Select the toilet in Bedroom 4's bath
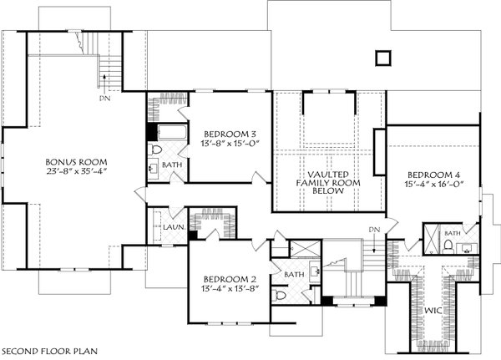pyautogui.click(x=448, y=246)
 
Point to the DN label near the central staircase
pyautogui.click(x=374, y=229)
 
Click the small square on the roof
pyautogui.click(x=383, y=57)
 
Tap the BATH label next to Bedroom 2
pyautogui.click(x=293, y=273)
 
